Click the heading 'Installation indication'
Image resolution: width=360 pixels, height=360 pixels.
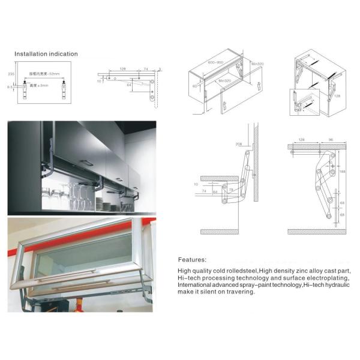click(46, 54)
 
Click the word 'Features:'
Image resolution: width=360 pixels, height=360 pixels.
click(193, 260)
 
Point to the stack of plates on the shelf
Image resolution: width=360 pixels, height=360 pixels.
click(107, 206)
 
